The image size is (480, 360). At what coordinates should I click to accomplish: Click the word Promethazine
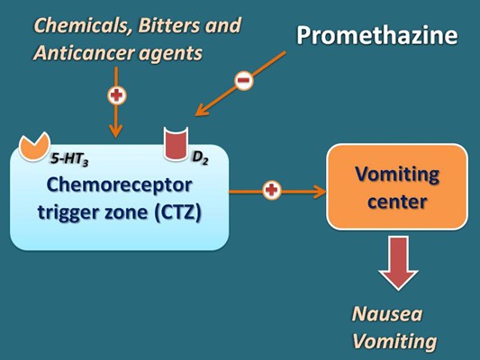click(376, 37)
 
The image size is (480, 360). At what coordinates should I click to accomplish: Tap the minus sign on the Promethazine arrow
click(244, 81)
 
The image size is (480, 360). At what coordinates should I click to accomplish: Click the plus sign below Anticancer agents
click(115, 94)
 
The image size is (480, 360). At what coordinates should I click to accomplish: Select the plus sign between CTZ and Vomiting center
click(271, 190)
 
